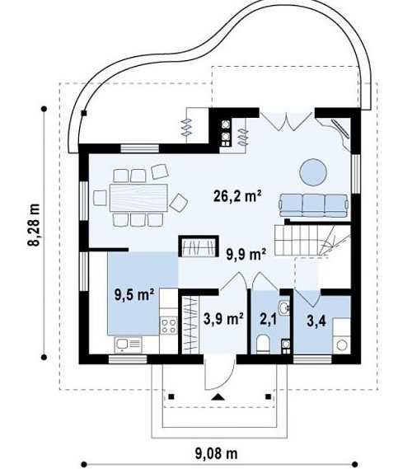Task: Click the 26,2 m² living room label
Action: point(237,196)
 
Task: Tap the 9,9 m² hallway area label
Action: point(246,255)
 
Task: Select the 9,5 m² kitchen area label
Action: point(134,295)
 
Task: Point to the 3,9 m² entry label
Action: point(223,319)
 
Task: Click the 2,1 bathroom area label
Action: point(268,319)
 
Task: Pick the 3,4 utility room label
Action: point(316,321)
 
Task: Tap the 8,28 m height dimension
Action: point(35,224)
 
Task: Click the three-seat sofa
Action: point(314,205)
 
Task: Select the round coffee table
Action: point(313,172)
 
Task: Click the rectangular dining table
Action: point(138,198)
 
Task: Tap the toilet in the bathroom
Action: point(264,344)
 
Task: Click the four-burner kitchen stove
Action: point(169,326)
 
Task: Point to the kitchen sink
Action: point(128,345)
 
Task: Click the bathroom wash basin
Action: point(283,307)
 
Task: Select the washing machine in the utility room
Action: point(342,345)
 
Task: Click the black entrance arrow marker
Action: point(218,396)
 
